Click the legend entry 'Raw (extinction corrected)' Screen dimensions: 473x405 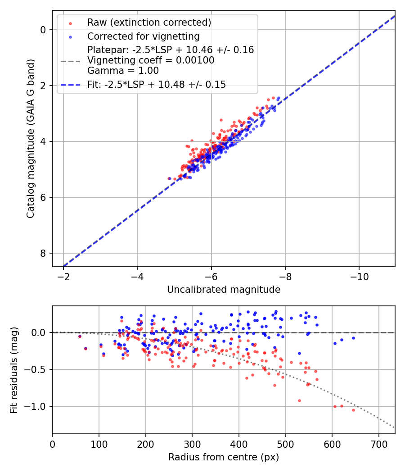[149, 23]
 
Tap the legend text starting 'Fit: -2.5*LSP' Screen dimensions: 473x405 [157, 84]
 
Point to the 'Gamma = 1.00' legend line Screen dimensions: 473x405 [123, 70]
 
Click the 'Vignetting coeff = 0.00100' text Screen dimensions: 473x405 [151, 60]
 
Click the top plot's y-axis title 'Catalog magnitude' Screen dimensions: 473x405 [31, 139]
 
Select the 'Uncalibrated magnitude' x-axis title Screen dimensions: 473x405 [224, 290]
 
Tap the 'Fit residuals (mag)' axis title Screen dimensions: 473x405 [14, 369]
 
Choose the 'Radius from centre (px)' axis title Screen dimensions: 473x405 [224, 457]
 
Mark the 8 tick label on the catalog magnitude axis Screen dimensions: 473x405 [44, 253]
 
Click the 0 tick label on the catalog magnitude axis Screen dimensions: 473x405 [44, 30]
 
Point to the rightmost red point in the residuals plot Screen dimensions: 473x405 [353, 410]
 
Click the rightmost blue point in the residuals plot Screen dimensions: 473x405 [353, 338]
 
